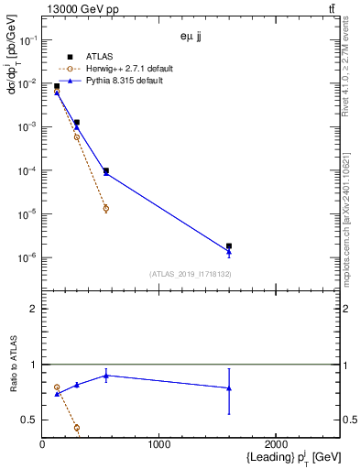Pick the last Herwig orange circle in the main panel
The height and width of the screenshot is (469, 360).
click(106, 208)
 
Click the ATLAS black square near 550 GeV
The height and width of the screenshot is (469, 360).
click(106, 170)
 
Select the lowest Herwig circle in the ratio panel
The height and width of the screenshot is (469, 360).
click(77, 428)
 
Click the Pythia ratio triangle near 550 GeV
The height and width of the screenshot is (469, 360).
click(106, 376)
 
